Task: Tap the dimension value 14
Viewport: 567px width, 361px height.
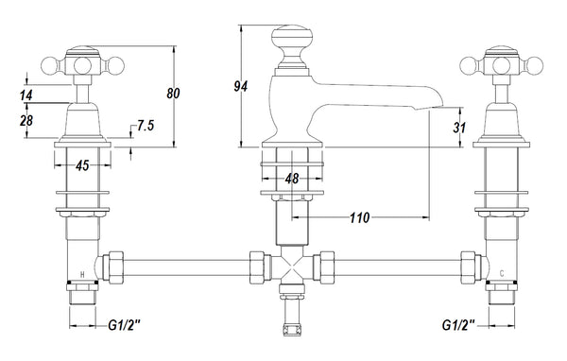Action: [24, 95]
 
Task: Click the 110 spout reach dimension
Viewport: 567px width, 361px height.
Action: [359, 217]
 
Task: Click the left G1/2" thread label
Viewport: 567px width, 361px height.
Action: [125, 326]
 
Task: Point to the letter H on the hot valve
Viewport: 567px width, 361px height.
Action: [83, 276]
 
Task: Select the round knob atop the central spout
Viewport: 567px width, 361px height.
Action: [292, 43]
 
